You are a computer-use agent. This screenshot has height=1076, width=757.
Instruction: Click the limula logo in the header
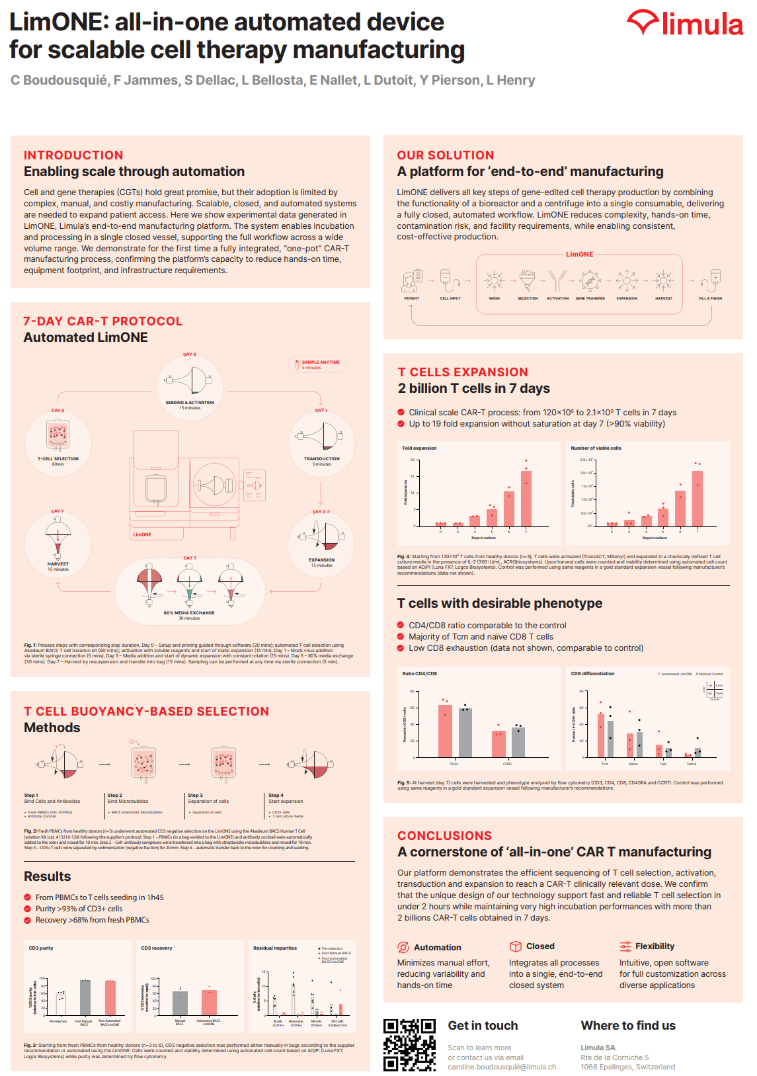685,24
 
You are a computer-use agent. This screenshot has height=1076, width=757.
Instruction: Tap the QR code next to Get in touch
409,1044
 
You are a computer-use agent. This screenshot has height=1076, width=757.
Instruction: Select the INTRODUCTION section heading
73,155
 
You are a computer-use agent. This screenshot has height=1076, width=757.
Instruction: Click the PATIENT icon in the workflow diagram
411,281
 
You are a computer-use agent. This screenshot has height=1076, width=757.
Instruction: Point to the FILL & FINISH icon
711,280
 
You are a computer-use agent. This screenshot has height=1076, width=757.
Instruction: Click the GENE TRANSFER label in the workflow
590,298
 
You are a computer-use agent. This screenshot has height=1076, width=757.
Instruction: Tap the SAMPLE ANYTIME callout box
317,364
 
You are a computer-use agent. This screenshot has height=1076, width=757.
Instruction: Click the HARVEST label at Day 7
58,564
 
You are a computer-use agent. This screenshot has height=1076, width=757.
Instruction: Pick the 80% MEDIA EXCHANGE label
189,613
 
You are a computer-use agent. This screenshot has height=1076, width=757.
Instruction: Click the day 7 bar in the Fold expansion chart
526,497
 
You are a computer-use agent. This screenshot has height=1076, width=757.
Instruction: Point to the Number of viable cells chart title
596,448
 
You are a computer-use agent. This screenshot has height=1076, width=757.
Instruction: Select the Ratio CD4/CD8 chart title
420,674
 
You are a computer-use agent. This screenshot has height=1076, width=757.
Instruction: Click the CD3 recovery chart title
157,948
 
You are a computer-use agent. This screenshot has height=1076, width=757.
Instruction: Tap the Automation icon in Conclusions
403,947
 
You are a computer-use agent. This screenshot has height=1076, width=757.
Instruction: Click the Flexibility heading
655,946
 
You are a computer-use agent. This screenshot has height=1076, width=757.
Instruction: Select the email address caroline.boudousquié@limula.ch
502,1067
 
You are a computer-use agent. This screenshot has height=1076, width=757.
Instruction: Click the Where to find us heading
628,1026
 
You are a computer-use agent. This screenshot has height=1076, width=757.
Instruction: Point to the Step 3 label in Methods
195,796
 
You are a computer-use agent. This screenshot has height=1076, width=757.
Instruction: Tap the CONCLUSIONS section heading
444,836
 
